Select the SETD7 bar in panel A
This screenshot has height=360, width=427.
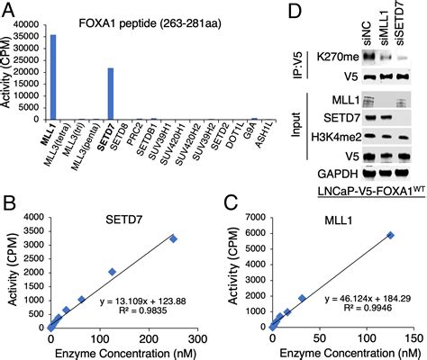point(109,93)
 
